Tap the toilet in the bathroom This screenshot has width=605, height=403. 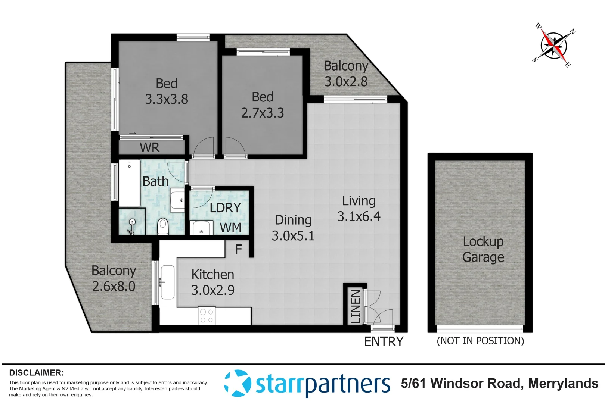click(162, 226)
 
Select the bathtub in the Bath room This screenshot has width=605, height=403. click(129, 183)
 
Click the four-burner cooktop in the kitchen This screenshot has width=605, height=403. click(207, 316)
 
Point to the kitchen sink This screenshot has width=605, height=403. click(167, 282)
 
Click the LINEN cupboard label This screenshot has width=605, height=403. click(356, 306)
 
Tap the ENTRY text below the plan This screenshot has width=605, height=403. click(384, 341)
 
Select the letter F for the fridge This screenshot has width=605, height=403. click(238, 249)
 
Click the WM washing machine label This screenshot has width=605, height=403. click(230, 228)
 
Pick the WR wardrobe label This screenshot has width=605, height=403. click(149, 148)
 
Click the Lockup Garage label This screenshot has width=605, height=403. click(483, 249)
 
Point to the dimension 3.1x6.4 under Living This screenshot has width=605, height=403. click(359, 216)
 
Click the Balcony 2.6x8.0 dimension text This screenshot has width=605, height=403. click(114, 287)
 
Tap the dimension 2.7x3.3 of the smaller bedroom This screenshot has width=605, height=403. click(262, 113)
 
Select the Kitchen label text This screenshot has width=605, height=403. click(212, 275)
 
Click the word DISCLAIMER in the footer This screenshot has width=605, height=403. click(36, 372)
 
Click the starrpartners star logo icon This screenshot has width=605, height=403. click(238, 383)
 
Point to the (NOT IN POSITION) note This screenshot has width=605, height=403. click(480, 341)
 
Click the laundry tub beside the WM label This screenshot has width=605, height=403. click(201, 228)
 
